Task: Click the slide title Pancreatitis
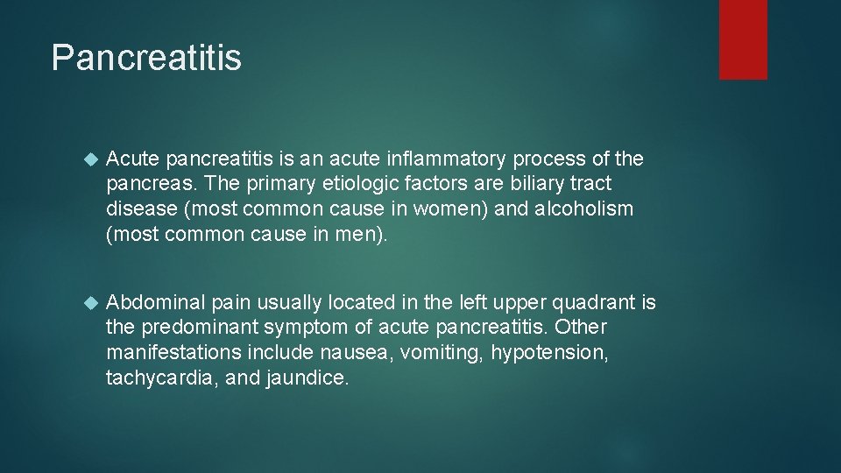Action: (x=146, y=58)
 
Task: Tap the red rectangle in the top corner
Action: (x=743, y=39)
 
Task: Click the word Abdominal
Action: (x=154, y=303)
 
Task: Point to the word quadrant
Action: (x=592, y=303)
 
